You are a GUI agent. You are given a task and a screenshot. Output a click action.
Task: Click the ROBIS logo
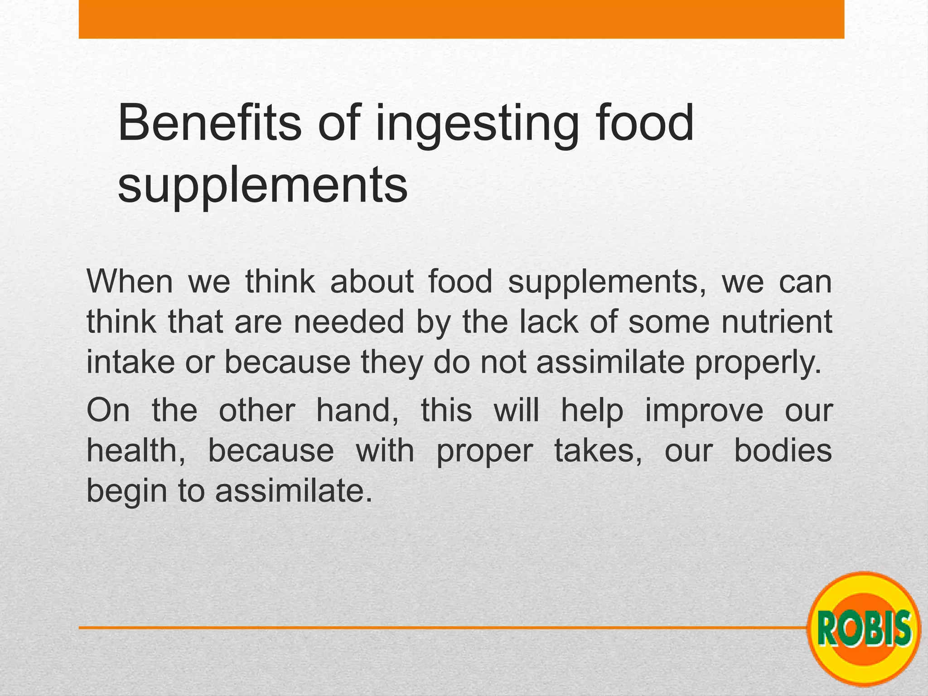865,628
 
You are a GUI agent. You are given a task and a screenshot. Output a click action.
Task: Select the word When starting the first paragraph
130,281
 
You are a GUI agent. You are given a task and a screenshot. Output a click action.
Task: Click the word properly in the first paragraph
758,363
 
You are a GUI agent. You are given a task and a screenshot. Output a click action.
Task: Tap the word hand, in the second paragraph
357,410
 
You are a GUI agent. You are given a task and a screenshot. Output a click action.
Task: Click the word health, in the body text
136,451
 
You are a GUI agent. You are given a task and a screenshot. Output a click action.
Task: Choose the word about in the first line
372,281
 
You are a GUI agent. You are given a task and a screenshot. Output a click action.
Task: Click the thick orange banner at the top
461,19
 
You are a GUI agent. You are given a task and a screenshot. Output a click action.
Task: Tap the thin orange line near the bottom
408,628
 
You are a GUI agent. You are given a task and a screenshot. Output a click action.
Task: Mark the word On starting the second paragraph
108,410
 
